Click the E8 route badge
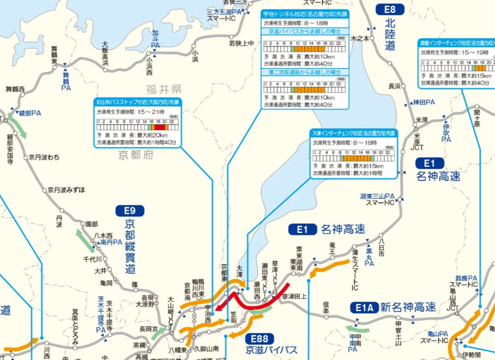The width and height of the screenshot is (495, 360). click(390, 9)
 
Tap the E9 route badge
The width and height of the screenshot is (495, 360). click(130, 211)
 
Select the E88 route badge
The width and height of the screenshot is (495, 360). click(259, 339)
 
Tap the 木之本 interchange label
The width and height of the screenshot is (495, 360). click(359, 39)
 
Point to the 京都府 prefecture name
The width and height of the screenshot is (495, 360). click(136, 155)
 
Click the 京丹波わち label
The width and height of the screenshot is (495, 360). click(44, 158)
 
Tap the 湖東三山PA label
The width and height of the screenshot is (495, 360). click(377, 199)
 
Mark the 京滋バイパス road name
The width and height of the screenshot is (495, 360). click(271, 350)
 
